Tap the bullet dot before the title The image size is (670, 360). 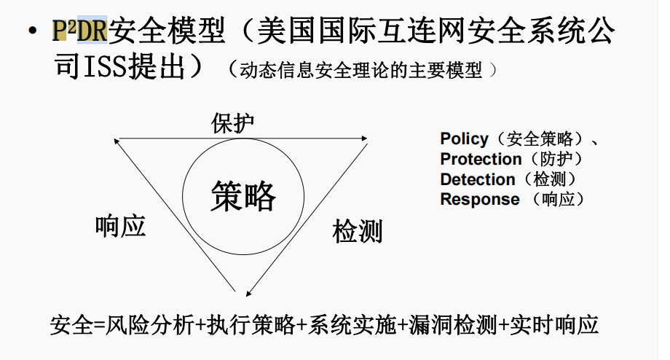tap(31, 33)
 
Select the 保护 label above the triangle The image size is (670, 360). tap(233, 122)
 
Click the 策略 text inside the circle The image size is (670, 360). tap(244, 196)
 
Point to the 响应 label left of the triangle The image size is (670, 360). tap(121, 226)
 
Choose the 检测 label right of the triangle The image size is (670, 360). tap(358, 232)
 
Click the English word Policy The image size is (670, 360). tap(464, 138)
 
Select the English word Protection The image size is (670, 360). tap(481, 159)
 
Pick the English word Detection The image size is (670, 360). tap(477, 179)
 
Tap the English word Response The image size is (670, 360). tap(480, 199)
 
